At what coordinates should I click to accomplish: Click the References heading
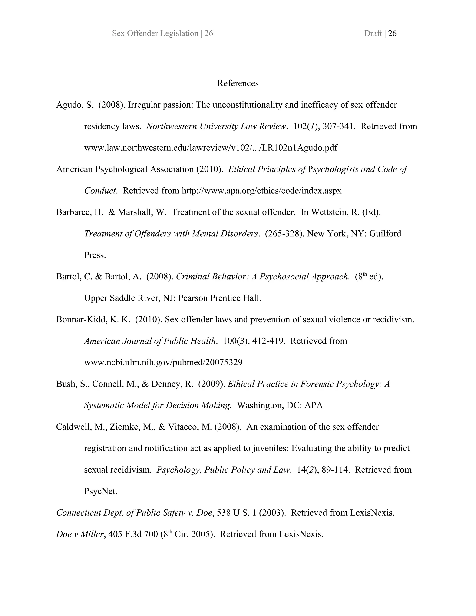238,83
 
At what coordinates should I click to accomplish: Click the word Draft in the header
373,33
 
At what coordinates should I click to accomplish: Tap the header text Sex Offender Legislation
155,33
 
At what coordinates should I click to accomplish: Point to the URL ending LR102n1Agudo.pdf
211,148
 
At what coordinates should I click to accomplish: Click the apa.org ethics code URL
261,191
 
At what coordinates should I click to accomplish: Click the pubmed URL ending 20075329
163,362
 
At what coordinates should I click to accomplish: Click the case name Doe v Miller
80,534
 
